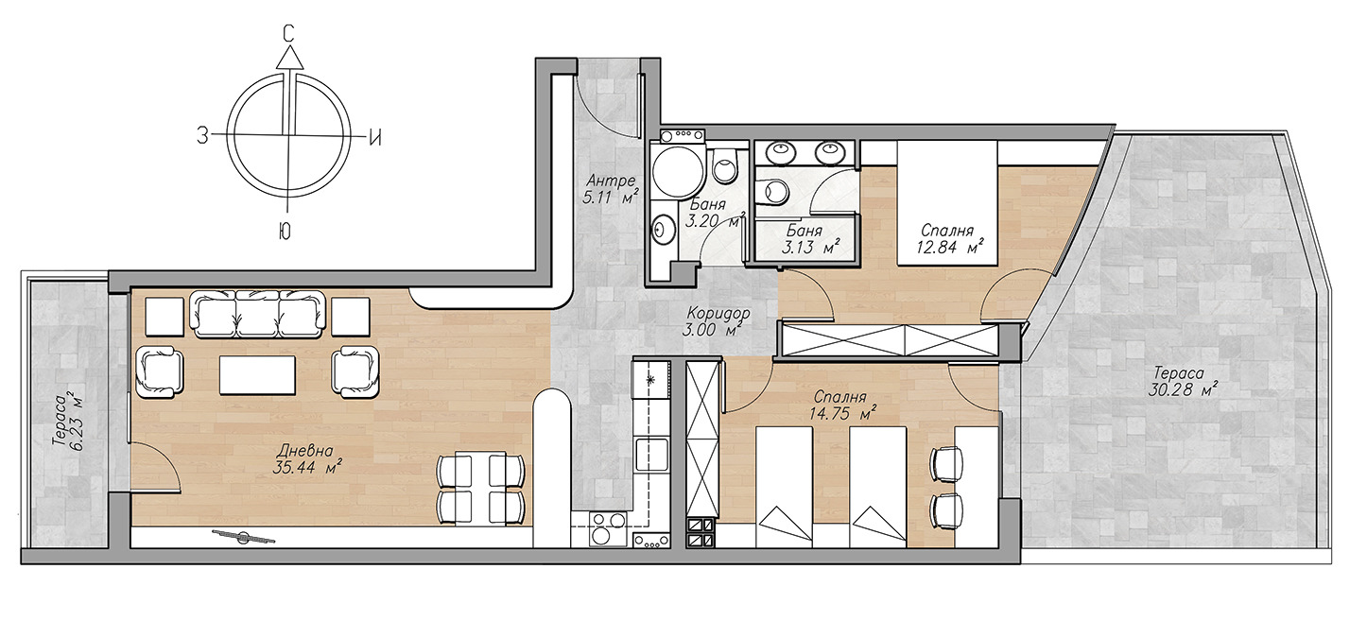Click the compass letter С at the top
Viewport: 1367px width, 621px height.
point(289,34)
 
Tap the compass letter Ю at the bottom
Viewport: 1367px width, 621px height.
point(284,232)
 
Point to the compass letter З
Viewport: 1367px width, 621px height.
point(202,135)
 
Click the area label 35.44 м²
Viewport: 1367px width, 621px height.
point(307,468)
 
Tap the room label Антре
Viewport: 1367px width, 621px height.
point(611,181)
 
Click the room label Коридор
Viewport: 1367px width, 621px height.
point(718,313)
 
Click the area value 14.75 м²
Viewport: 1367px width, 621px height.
point(843,414)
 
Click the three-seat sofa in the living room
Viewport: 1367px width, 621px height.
point(257,314)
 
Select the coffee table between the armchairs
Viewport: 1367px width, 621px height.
point(257,375)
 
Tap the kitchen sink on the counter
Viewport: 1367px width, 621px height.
point(650,455)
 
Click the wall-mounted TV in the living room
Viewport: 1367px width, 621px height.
point(244,538)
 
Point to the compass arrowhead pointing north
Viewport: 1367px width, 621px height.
point(289,57)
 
